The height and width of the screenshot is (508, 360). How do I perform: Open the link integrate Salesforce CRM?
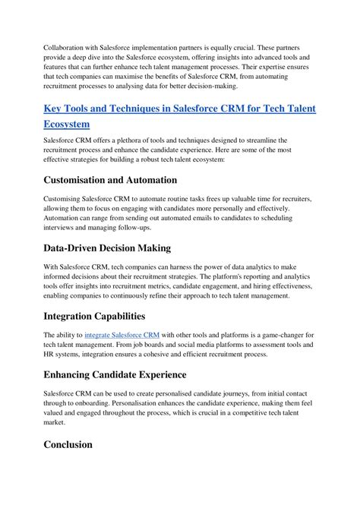pos(122,335)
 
